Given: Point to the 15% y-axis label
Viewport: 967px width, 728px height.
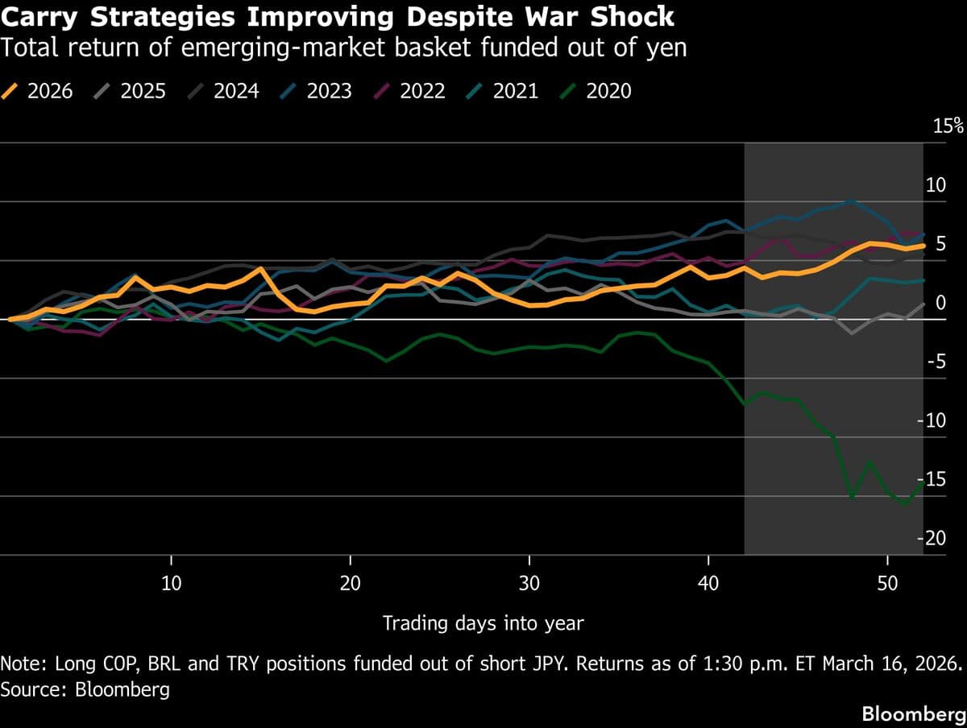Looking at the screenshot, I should pyautogui.click(x=947, y=126).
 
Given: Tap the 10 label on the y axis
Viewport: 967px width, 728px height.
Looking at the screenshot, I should pyautogui.click(x=935, y=185).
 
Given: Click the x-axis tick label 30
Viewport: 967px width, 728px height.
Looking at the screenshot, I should pyautogui.click(x=529, y=583).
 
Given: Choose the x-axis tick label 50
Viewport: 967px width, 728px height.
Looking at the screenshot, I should pyautogui.click(x=886, y=583).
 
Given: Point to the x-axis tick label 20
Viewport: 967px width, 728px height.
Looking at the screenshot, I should pyautogui.click(x=350, y=583).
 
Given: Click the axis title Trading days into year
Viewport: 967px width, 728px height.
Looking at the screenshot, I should pyautogui.click(x=483, y=623).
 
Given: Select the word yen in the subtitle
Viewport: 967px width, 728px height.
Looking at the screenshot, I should pyautogui.click(x=666, y=48).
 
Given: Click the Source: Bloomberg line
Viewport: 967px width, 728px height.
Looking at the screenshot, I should pyautogui.click(x=85, y=690).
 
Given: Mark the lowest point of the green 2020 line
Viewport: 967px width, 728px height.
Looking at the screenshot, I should pyautogui.click(x=905, y=504).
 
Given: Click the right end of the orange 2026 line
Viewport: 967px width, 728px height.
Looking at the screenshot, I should pyautogui.click(x=923, y=246).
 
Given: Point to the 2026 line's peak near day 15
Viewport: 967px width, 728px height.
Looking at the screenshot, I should pyautogui.click(x=260, y=269).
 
